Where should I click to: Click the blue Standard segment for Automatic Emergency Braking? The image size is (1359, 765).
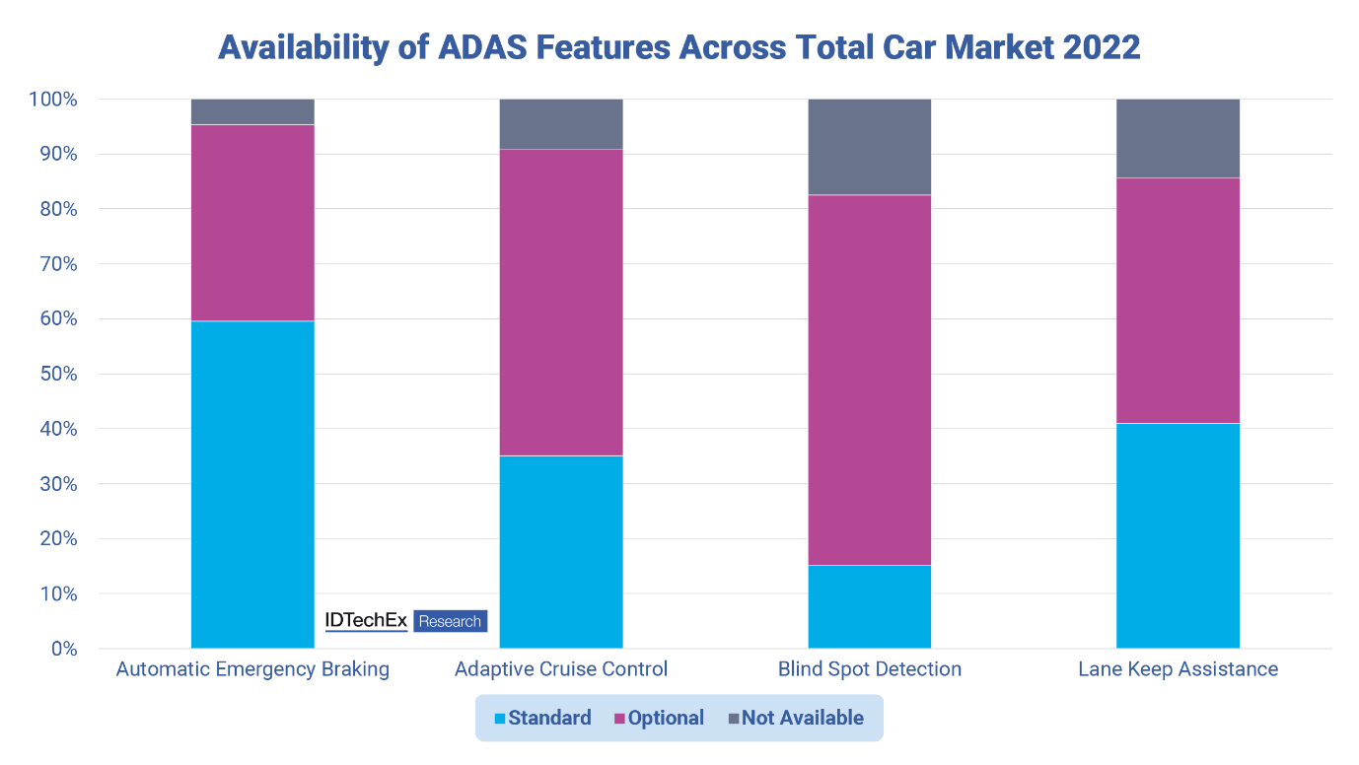[252, 484]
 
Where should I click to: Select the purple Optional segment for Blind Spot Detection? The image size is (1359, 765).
[869, 380]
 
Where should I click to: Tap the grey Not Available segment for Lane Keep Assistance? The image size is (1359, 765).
[1178, 138]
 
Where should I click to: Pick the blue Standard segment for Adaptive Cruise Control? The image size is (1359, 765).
[561, 551]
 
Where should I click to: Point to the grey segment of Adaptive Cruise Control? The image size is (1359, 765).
[561, 124]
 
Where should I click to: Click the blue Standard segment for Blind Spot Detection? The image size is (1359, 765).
[869, 606]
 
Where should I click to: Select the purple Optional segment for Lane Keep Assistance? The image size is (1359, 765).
[1178, 301]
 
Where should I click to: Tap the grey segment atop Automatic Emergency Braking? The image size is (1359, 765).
[252, 111]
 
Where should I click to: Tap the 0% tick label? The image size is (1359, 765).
[64, 649]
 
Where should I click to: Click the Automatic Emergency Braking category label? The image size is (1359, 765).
[252, 669]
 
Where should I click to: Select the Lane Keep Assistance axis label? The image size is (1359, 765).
[1178, 669]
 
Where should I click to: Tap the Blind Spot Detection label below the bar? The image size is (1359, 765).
[869, 669]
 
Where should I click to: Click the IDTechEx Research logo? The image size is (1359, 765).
[405, 621]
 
